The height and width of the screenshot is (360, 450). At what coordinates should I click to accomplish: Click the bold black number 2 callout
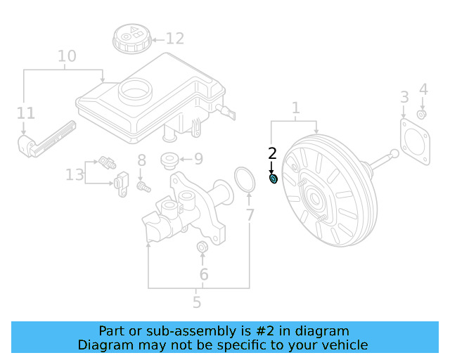coord(272,153)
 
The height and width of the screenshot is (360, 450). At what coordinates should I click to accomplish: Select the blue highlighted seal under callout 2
coord(274,179)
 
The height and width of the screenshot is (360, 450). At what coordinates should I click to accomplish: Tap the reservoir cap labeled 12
coord(132,38)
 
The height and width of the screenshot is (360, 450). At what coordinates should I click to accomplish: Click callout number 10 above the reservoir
coord(67,56)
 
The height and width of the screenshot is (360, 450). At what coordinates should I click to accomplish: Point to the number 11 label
coord(26,113)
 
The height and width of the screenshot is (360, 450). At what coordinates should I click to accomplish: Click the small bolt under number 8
coord(143,187)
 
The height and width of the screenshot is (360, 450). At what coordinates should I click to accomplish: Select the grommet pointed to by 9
coord(170,160)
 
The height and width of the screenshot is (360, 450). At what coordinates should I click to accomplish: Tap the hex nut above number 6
coord(202,247)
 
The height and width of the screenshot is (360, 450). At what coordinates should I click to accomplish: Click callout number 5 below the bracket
coord(197,302)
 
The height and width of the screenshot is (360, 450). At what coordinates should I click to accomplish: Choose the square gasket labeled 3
coord(415,142)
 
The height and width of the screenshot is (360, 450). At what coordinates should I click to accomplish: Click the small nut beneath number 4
coord(421,115)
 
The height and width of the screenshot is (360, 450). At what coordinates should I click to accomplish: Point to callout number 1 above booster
coord(296,108)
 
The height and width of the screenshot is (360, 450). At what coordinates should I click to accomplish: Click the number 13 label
coord(75,174)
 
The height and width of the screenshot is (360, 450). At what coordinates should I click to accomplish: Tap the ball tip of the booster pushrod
coord(394,153)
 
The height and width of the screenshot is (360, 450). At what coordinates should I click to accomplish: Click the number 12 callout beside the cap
coord(175,39)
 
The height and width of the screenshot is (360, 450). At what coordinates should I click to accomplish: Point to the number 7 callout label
coord(250,215)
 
